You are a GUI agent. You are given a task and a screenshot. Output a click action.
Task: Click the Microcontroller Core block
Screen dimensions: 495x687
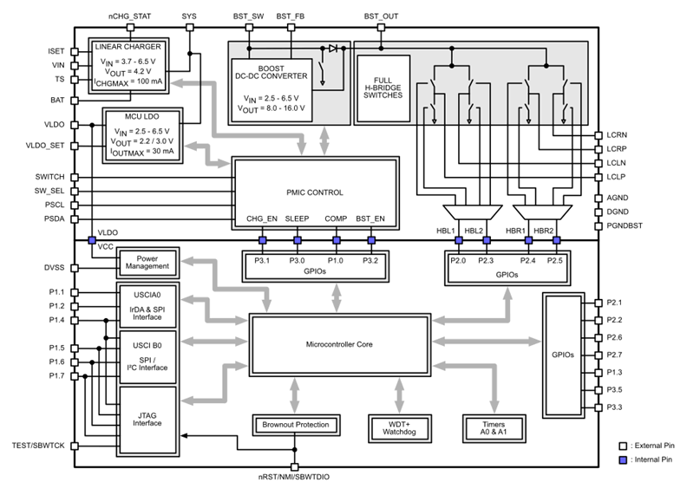340,345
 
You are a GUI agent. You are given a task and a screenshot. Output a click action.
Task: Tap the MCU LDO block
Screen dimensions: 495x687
141,134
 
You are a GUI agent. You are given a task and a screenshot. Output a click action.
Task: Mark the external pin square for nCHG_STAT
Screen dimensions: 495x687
129,27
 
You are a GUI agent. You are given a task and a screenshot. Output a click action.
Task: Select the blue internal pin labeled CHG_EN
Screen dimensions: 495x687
261,240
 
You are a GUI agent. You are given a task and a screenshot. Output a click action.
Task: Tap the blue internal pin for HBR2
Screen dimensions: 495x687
557,240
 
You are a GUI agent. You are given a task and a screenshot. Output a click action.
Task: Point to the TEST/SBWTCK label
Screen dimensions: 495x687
36,446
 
